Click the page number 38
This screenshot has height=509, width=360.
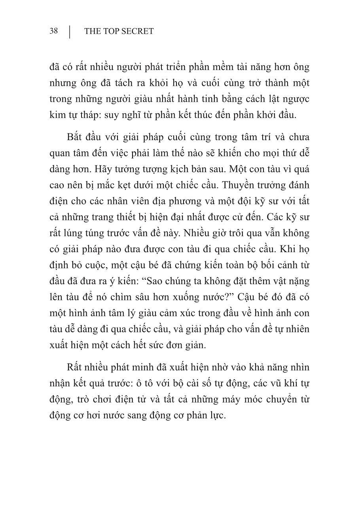[x=54, y=31]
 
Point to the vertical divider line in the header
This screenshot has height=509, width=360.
[x=70, y=32]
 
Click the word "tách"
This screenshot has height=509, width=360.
[x=139, y=83]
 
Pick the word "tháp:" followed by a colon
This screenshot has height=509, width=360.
[x=96, y=115]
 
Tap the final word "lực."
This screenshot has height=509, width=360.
[x=216, y=416]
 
